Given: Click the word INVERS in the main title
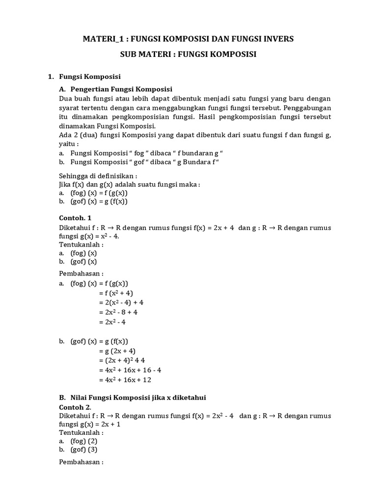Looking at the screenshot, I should (x=275, y=39).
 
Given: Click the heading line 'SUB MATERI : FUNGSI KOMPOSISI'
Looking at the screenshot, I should (x=188, y=54).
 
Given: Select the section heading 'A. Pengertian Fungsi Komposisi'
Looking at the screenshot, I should (x=115, y=89).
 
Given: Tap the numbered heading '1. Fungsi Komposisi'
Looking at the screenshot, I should (x=84, y=77).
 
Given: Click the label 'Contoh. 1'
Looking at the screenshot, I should (x=75, y=218).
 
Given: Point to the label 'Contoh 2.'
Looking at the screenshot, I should (x=75, y=406).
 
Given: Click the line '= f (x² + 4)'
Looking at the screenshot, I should (x=116, y=293).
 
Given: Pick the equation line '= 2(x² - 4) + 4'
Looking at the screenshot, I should (x=121, y=302).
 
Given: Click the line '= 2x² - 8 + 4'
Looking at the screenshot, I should (x=118, y=311).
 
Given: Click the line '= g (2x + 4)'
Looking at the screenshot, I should (x=117, y=351).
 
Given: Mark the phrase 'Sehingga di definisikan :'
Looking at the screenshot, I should (x=98, y=176).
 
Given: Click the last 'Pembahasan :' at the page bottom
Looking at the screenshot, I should (x=81, y=462).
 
